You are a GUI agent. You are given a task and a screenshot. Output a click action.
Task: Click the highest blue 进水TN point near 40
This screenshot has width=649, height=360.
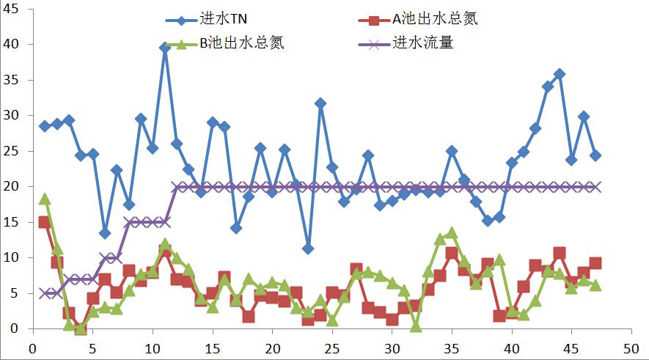pyautogui.click(x=164, y=48)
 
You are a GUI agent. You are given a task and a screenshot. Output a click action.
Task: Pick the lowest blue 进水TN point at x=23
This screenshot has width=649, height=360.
pyautogui.click(x=308, y=249)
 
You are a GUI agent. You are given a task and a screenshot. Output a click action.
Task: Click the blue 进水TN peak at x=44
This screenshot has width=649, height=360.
pyautogui.click(x=560, y=74)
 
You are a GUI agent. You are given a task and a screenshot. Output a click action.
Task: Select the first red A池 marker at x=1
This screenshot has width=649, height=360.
pyautogui.click(x=44, y=222)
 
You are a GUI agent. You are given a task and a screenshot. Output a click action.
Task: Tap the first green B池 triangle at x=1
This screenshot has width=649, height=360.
pyautogui.click(x=44, y=199)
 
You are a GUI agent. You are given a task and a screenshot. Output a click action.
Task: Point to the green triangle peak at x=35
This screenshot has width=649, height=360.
pyautogui.click(x=452, y=232)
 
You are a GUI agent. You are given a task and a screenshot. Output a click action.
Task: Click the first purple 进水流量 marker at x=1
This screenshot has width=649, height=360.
pyautogui.click(x=44, y=293)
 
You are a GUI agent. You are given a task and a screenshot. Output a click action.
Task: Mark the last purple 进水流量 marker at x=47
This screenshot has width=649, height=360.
pyautogui.click(x=595, y=187)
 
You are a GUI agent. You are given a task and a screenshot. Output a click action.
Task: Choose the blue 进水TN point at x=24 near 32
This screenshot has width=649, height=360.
pyautogui.click(x=320, y=103)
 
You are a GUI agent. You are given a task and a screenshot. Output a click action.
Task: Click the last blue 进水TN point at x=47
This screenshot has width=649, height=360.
pyautogui.click(x=595, y=155)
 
